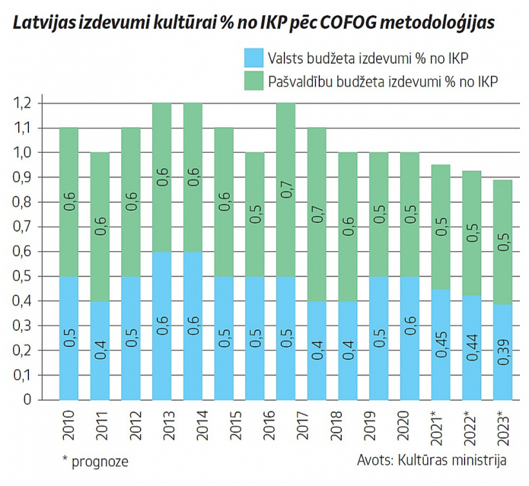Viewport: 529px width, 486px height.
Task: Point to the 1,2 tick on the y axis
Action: (23, 103)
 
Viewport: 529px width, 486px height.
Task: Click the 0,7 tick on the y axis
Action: (23, 227)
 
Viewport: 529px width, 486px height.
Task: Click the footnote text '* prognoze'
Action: (95, 461)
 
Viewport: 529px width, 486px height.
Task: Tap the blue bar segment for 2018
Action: (348, 350)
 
